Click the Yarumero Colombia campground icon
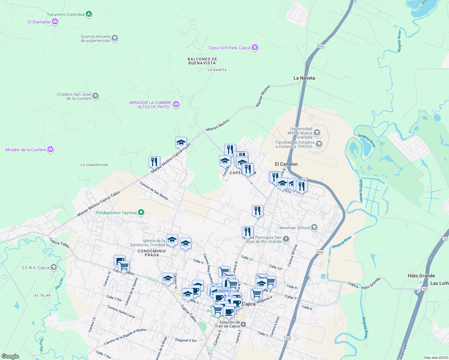(x=89, y=14)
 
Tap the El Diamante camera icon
(x=55, y=22)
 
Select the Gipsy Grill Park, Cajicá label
(x=229, y=48)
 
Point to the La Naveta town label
(x=304, y=78)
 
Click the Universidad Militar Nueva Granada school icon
(x=317, y=133)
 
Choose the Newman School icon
(x=314, y=227)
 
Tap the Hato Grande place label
(x=421, y=276)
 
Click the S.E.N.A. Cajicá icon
(x=53, y=267)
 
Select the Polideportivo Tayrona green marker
(x=141, y=213)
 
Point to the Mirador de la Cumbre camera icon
(x=50, y=149)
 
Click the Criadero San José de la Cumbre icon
(x=95, y=96)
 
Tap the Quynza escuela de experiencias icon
(x=114, y=38)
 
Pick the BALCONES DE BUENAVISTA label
(x=202, y=61)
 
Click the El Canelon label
(x=286, y=164)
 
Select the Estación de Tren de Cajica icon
(x=243, y=324)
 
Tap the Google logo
(x=10, y=356)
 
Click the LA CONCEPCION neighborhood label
(x=94, y=165)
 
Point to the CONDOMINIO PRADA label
(x=152, y=253)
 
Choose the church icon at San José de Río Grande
(x=286, y=239)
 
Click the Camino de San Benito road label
(x=154, y=191)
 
